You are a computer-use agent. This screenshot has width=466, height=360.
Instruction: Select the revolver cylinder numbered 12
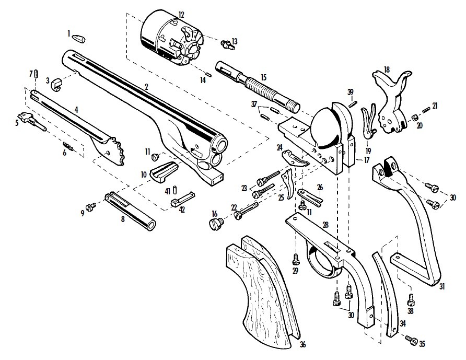(171, 38)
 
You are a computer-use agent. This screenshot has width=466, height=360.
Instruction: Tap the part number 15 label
(263, 77)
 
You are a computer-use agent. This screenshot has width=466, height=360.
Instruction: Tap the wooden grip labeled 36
(262, 287)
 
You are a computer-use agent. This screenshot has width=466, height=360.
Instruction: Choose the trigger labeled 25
(287, 184)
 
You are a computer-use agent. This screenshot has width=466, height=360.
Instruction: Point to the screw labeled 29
(295, 259)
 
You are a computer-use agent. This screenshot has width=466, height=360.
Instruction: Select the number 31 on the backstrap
(442, 286)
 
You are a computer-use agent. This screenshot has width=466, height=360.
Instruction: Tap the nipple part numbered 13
(226, 44)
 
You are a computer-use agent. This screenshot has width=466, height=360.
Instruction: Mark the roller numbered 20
(414, 118)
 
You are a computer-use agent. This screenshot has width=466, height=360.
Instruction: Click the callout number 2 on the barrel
(146, 87)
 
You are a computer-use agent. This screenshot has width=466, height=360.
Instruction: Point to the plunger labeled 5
(31, 120)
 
